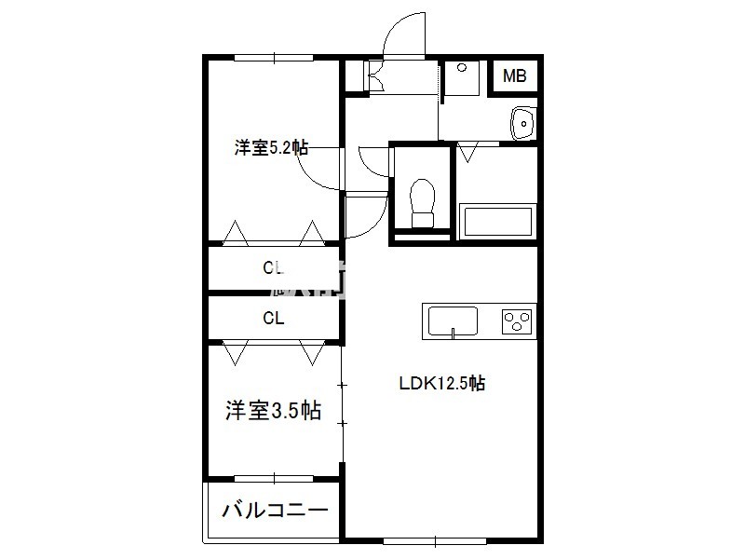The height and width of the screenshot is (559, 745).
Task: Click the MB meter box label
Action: click(515, 75)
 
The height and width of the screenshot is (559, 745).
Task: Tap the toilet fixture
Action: click(423, 203)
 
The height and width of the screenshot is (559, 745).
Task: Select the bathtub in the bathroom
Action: click(497, 221)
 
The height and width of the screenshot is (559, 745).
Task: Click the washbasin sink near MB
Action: click(523, 124)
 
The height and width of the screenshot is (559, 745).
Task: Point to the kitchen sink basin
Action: click(453, 321)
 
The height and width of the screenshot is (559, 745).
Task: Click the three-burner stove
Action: click(517, 321)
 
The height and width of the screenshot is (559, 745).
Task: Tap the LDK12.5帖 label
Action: click(441, 383)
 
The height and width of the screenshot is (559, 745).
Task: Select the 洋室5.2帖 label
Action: click(271, 147)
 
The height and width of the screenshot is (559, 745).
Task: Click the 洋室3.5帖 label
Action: click(273, 410)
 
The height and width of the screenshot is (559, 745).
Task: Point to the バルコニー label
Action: click(275, 510)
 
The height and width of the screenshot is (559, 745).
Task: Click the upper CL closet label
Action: click(273, 267)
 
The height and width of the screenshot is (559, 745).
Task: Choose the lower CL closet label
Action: click(273, 318)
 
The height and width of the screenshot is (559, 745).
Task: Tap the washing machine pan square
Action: click(462, 78)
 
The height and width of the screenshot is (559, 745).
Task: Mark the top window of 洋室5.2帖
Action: click(274, 58)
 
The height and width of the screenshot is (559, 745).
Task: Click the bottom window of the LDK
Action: click(435, 540)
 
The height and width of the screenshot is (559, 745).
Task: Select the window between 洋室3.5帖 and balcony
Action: click(274, 478)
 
